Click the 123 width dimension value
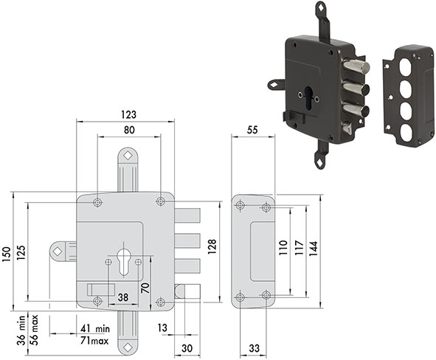click(x=129, y=114)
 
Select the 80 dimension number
click(x=129, y=130)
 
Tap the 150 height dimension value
click(x=6, y=254)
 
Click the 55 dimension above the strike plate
click(x=252, y=130)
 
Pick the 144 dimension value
click(x=313, y=249)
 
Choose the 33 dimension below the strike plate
click(x=254, y=348)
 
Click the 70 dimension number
click(x=145, y=288)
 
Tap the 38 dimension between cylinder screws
click(x=123, y=297)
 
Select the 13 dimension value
click(x=162, y=328)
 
